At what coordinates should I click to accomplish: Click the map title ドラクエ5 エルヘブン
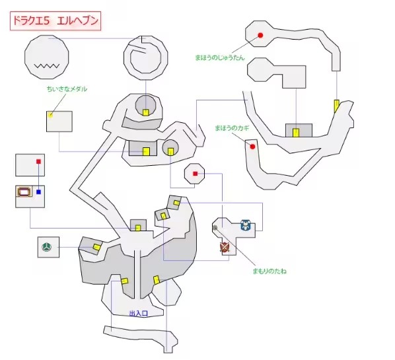coord(55,20)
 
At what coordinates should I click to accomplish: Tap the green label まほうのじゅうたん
coord(220,57)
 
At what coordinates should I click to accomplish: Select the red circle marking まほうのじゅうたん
coord(260,35)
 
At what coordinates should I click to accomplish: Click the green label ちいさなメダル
coord(67,89)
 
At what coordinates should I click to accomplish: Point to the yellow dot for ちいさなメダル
coord(51,116)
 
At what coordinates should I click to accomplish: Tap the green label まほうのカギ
coord(232,128)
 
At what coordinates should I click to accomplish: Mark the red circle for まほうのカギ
coord(252,147)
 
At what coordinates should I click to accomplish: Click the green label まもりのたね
coord(269,271)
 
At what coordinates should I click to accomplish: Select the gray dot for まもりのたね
coord(215,228)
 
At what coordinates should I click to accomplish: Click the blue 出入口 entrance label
coord(138,314)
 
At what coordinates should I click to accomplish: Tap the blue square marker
coord(38,192)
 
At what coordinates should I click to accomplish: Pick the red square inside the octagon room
coord(196,174)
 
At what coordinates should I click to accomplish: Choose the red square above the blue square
coord(38,161)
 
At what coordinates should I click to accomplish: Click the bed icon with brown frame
coord(24,192)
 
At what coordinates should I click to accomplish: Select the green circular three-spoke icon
coord(47,247)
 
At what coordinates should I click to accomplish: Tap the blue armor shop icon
coord(245,225)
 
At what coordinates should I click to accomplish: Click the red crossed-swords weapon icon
coord(225,247)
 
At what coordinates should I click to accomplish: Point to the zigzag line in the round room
coord(47,66)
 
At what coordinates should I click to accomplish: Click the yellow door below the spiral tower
coord(146,112)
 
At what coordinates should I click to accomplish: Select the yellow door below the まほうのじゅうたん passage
coord(336,106)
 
